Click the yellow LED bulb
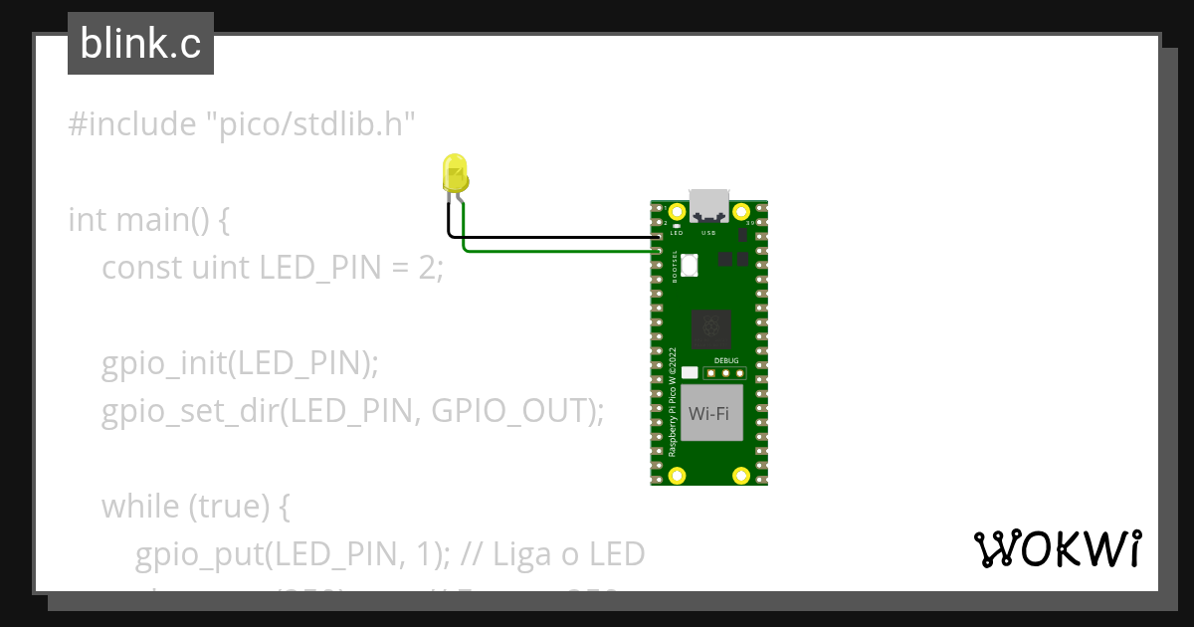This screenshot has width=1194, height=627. [455, 174]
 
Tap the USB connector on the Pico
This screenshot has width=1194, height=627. [709, 204]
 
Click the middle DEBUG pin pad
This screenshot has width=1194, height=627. [726, 374]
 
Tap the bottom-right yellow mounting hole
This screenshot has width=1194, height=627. [740, 476]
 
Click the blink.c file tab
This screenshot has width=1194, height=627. [140, 44]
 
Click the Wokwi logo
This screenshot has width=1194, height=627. [1057, 548]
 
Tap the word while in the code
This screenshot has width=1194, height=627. [139, 507]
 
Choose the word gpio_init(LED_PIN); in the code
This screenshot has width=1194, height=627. [240, 363]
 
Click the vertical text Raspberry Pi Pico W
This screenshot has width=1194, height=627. [673, 402]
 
